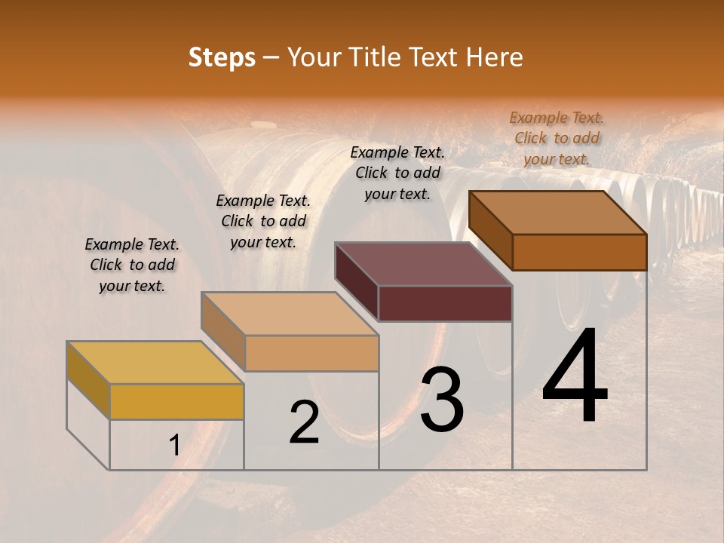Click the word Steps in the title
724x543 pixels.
[222, 57]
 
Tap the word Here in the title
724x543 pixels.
[494, 57]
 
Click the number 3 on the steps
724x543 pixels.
[441, 400]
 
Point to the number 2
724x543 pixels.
[305, 422]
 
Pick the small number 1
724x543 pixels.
[174, 446]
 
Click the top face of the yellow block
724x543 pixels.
[155, 362]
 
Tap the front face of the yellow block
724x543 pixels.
[176, 401]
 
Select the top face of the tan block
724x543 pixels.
[289, 312]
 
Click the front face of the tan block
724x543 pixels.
[311, 353]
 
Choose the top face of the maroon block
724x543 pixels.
[423, 263]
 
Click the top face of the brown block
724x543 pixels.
[557, 212]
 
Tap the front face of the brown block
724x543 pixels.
[579, 252]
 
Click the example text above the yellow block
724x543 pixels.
[132, 265]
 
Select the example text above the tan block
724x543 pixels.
[263, 222]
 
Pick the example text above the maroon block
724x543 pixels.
[397, 173]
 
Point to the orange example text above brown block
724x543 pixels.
[557, 138]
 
